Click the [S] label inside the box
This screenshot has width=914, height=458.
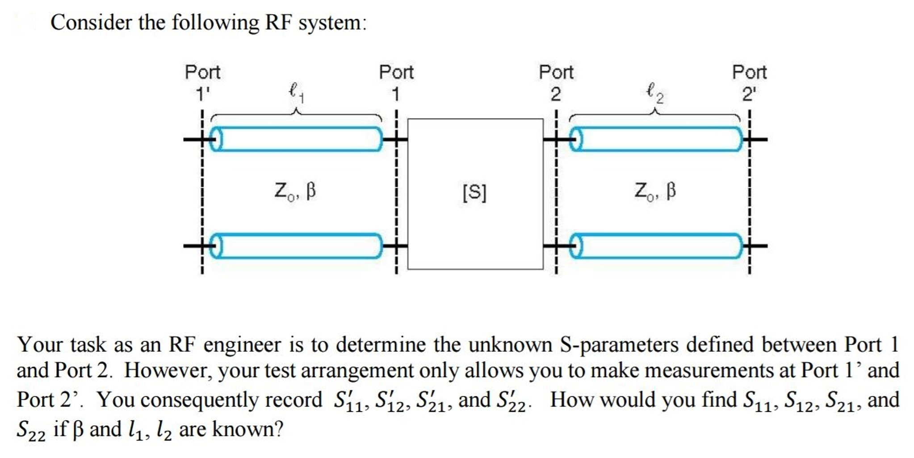pyautogui.click(x=474, y=192)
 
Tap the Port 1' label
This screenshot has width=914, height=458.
pyautogui.click(x=202, y=83)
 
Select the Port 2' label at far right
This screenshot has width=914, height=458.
pyautogui.click(x=749, y=83)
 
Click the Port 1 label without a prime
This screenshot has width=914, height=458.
pyautogui.click(x=396, y=83)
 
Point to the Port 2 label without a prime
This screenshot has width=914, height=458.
pyautogui.click(x=556, y=83)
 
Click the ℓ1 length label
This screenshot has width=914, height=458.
pyautogui.click(x=296, y=92)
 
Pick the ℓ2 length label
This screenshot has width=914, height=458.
pyautogui.click(x=655, y=92)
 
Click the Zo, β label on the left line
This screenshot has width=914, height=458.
pyautogui.click(x=295, y=192)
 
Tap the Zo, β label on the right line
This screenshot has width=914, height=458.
pyautogui.click(x=655, y=192)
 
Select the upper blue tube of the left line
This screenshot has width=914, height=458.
pyautogui.click(x=297, y=139)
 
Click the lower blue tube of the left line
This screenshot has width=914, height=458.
pyautogui.click(x=297, y=246)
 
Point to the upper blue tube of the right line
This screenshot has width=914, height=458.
pyautogui.click(x=657, y=139)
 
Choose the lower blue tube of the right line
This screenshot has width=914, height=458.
pyautogui.click(x=657, y=246)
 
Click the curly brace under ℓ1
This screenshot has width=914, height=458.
pyautogui.click(x=296, y=115)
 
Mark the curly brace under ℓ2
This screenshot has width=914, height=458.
pyautogui.click(x=655, y=115)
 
